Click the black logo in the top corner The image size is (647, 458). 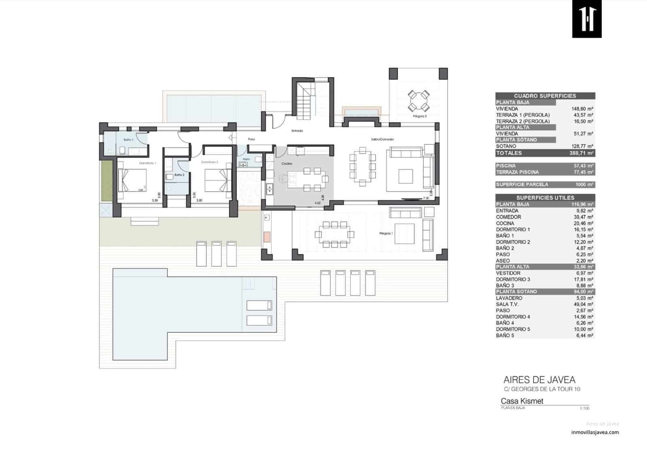pos(587,19)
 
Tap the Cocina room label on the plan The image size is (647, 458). pos(287,163)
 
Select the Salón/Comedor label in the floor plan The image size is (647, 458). pos(382,139)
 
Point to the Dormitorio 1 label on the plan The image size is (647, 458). pos(147,163)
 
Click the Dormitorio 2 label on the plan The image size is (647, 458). pos(209,162)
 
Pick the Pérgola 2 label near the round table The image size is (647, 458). pos(420,116)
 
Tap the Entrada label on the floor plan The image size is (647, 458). pos(297,131)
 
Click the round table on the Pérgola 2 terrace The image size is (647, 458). pos(419,101)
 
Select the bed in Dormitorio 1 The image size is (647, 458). pos(132,180)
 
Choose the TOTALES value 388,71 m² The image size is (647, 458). pos(582,153)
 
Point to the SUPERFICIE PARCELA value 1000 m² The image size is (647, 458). pos(584,185)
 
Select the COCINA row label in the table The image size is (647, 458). pos(505,223)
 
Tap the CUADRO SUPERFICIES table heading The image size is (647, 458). pos(545,96)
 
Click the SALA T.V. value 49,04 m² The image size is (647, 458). pos(584,304)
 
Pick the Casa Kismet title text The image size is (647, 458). pos(522,401)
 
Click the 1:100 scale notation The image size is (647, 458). pos(584,408)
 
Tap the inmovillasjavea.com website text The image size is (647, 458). pos(595,432)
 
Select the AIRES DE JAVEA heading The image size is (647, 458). pos(539,380)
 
